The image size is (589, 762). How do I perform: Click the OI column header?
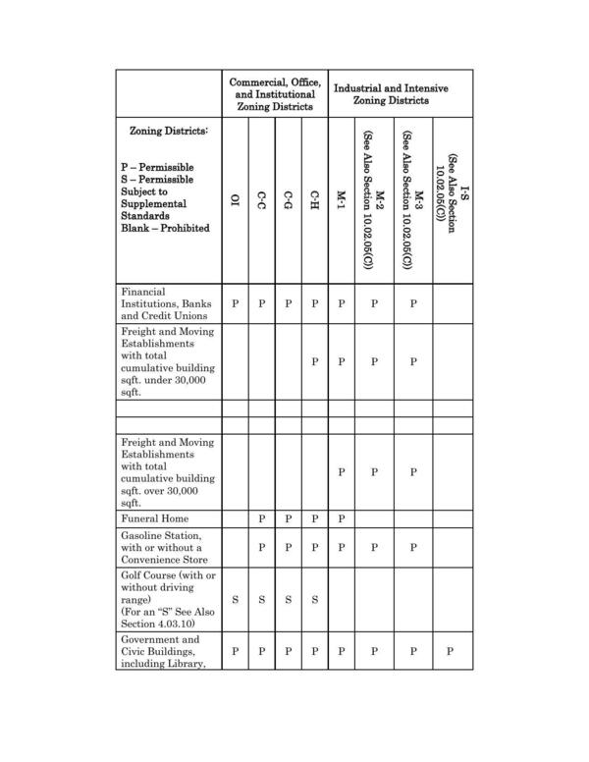pos(235,201)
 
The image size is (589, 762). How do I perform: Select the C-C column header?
pos(261,201)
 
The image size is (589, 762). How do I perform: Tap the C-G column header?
pos(288,201)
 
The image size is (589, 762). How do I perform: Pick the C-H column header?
pos(314,201)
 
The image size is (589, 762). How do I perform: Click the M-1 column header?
pos(341,201)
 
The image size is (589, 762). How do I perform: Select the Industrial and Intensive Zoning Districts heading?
pos(391,93)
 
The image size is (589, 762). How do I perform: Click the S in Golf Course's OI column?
pos(235,599)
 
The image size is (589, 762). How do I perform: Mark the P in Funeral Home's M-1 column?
pos(341,517)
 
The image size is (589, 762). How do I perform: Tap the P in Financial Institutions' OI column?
pos(235,304)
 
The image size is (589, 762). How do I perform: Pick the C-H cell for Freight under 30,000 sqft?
pos(314,361)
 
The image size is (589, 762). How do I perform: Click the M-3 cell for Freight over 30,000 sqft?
pos(413,472)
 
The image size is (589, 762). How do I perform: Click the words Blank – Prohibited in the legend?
pos(164,229)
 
